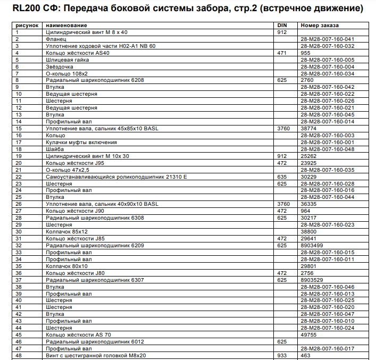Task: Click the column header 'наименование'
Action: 67,26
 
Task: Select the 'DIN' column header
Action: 282,26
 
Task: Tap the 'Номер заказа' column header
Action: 319,26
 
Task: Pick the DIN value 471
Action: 282,53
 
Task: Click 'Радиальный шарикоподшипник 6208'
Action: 95,80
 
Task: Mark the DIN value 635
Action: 282,177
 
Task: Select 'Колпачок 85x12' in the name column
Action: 66,231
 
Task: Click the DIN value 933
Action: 282,355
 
